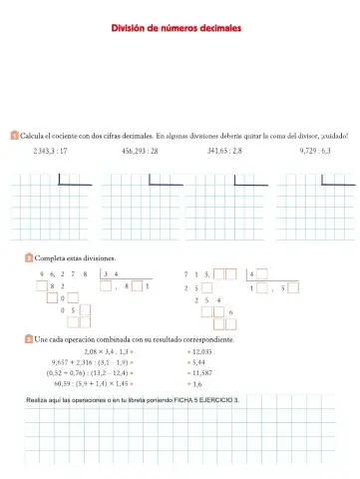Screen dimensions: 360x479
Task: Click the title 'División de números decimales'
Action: (x=180, y=29)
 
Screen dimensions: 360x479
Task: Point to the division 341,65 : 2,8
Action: (x=225, y=151)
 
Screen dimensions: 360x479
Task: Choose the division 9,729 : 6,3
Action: (x=314, y=151)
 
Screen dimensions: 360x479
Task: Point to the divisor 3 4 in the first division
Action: (x=112, y=272)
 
